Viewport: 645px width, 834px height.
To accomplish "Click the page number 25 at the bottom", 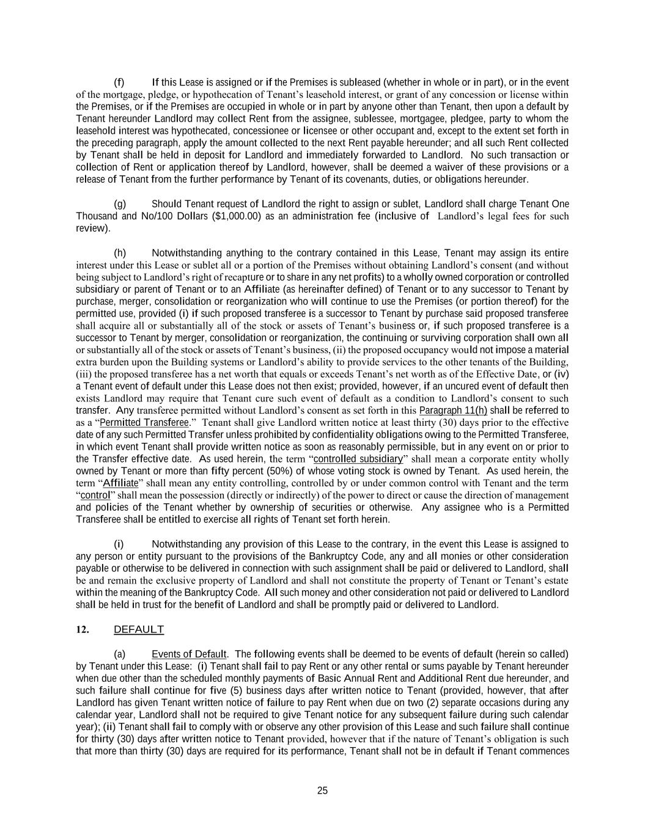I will tap(322, 791).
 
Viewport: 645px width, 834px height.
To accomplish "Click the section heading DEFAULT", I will tap(139, 629).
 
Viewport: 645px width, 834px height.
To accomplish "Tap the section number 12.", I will tap(83, 629).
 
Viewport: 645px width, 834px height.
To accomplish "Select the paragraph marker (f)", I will tap(119, 82).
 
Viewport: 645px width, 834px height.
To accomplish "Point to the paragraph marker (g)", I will tap(120, 204).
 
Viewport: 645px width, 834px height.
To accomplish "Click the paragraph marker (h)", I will tap(120, 253).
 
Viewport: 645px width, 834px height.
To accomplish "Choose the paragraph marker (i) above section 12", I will tap(119, 544).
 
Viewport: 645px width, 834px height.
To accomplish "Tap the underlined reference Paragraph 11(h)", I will tap(453, 411).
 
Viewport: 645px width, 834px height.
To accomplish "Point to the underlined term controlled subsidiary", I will tap(358, 459).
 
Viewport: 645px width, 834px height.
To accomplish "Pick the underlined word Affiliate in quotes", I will tap(120, 483).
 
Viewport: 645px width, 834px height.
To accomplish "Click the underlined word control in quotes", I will tap(95, 496).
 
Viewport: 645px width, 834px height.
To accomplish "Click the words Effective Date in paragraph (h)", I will tap(505, 375).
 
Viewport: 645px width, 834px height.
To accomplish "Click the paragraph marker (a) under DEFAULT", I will tap(120, 654).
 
